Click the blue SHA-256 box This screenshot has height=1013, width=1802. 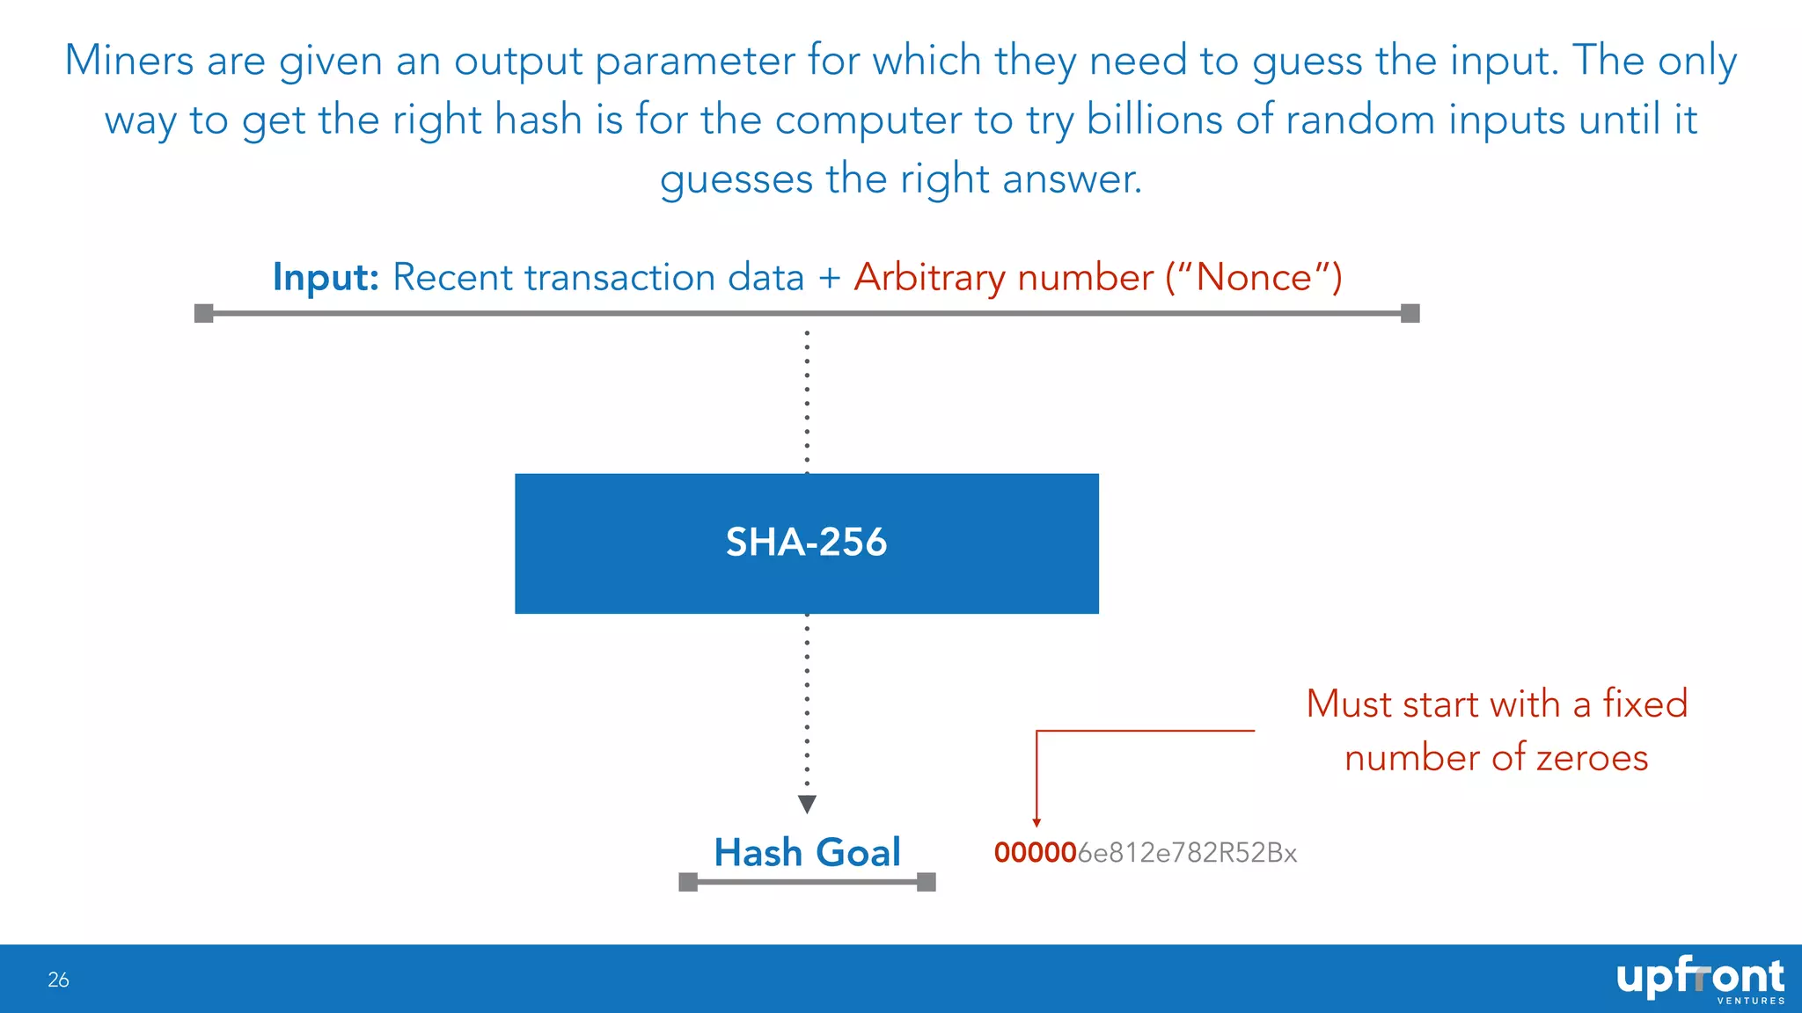point(806,543)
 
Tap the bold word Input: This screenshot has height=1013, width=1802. point(326,277)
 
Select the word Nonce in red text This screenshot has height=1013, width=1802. point(1254,277)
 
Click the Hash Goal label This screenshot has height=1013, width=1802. point(807,852)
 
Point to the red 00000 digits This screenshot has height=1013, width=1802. point(1036,853)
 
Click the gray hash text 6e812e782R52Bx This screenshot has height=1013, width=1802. point(1187,853)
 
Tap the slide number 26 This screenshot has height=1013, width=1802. point(58,980)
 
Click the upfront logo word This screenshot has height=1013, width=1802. point(1699,976)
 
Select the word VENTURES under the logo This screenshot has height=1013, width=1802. point(1751,1001)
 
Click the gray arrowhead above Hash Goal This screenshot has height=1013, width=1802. point(807,804)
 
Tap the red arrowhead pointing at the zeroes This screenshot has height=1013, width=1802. point(1037,823)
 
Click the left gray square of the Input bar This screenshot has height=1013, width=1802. point(203,313)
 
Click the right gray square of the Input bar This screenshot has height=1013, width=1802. point(1410,313)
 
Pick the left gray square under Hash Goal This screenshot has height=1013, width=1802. point(688,882)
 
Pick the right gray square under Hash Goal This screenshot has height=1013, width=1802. point(926,882)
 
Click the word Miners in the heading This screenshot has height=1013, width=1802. point(128,61)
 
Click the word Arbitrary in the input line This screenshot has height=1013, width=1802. point(929,277)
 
